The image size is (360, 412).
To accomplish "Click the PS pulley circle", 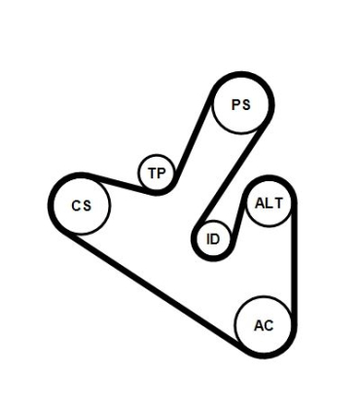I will pos(240,106).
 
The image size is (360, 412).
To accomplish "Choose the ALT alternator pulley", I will pos(268,203).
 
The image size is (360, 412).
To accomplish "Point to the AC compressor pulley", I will pos(264,324).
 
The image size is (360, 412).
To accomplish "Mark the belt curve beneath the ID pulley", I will pos(211,258).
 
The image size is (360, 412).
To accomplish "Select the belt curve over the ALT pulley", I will pos(269,177).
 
